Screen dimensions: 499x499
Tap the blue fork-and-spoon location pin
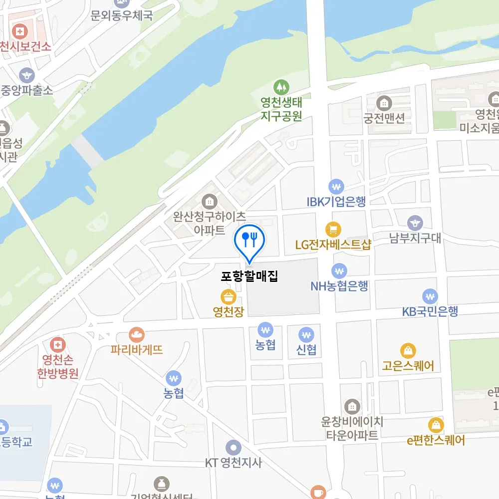249,240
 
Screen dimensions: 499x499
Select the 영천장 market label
228,312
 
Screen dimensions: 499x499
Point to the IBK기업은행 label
336,202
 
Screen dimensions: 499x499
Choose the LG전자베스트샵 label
333,245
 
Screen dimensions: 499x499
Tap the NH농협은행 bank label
339,286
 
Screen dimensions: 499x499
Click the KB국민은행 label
430,311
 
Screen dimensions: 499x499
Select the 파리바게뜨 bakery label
137,350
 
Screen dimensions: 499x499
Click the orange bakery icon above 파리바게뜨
137,335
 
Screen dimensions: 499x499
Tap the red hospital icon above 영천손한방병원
58,344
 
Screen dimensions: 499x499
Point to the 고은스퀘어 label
408,366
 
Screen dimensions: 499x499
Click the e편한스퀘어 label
436,441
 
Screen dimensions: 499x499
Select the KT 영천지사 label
233,463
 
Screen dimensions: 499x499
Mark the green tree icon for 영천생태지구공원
281,88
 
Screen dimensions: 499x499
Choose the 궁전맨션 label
384,118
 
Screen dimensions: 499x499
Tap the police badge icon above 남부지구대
415,223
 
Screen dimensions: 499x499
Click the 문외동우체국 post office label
121,16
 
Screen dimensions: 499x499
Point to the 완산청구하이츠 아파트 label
209,223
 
